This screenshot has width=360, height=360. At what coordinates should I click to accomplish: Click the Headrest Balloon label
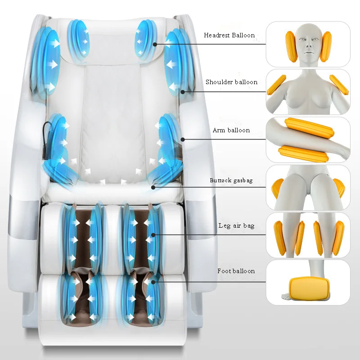pyautogui.click(x=229, y=35)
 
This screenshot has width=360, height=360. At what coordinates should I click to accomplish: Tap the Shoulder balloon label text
pyautogui.click(x=231, y=82)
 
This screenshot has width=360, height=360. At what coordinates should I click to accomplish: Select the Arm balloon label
pyautogui.click(x=231, y=130)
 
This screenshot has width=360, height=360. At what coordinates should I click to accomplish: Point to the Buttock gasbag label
pyautogui.click(x=231, y=180)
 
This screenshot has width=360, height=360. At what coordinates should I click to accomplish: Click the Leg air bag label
pyautogui.click(x=236, y=226)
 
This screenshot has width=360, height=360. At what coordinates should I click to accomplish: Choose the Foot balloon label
pyautogui.click(x=236, y=271)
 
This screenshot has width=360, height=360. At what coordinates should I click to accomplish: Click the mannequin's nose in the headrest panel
pyautogui.click(x=308, y=47)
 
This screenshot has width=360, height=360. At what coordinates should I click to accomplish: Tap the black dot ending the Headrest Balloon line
pyautogui.click(x=154, y=44)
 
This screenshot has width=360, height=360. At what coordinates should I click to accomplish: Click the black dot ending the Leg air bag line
pyautogui.click(x=153, y=234)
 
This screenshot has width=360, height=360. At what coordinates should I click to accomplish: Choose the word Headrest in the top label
pyautogui.click(x=217, y=35)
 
